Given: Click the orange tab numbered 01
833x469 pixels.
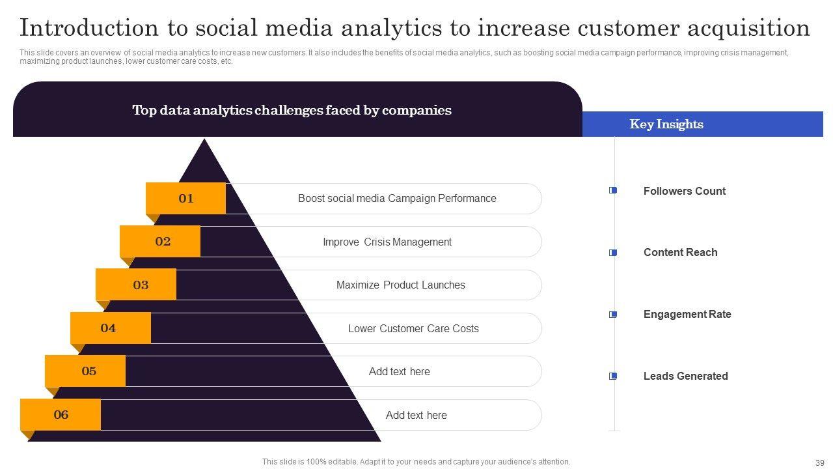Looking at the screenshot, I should point(186,199).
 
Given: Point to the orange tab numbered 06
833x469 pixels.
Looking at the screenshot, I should point(61,415).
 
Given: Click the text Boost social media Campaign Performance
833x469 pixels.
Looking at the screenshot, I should point(397,199).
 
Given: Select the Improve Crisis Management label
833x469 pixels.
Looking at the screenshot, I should point(387,242).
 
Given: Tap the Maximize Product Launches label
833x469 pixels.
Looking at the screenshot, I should point(400,285).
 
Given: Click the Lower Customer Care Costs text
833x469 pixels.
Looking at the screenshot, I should point(413,329).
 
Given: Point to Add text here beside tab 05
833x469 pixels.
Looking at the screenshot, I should point(399,372).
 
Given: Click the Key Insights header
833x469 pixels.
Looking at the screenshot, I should point(666,124).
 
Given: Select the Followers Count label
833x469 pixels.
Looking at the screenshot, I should point(684,192).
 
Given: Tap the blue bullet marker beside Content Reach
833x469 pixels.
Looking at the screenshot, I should point(613,253).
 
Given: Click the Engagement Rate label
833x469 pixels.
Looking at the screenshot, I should point(687,315).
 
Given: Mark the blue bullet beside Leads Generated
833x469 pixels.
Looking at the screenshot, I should point(613,377).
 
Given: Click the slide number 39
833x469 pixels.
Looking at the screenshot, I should point(820,462).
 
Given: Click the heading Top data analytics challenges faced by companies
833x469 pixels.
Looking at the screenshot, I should point(292,110).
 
